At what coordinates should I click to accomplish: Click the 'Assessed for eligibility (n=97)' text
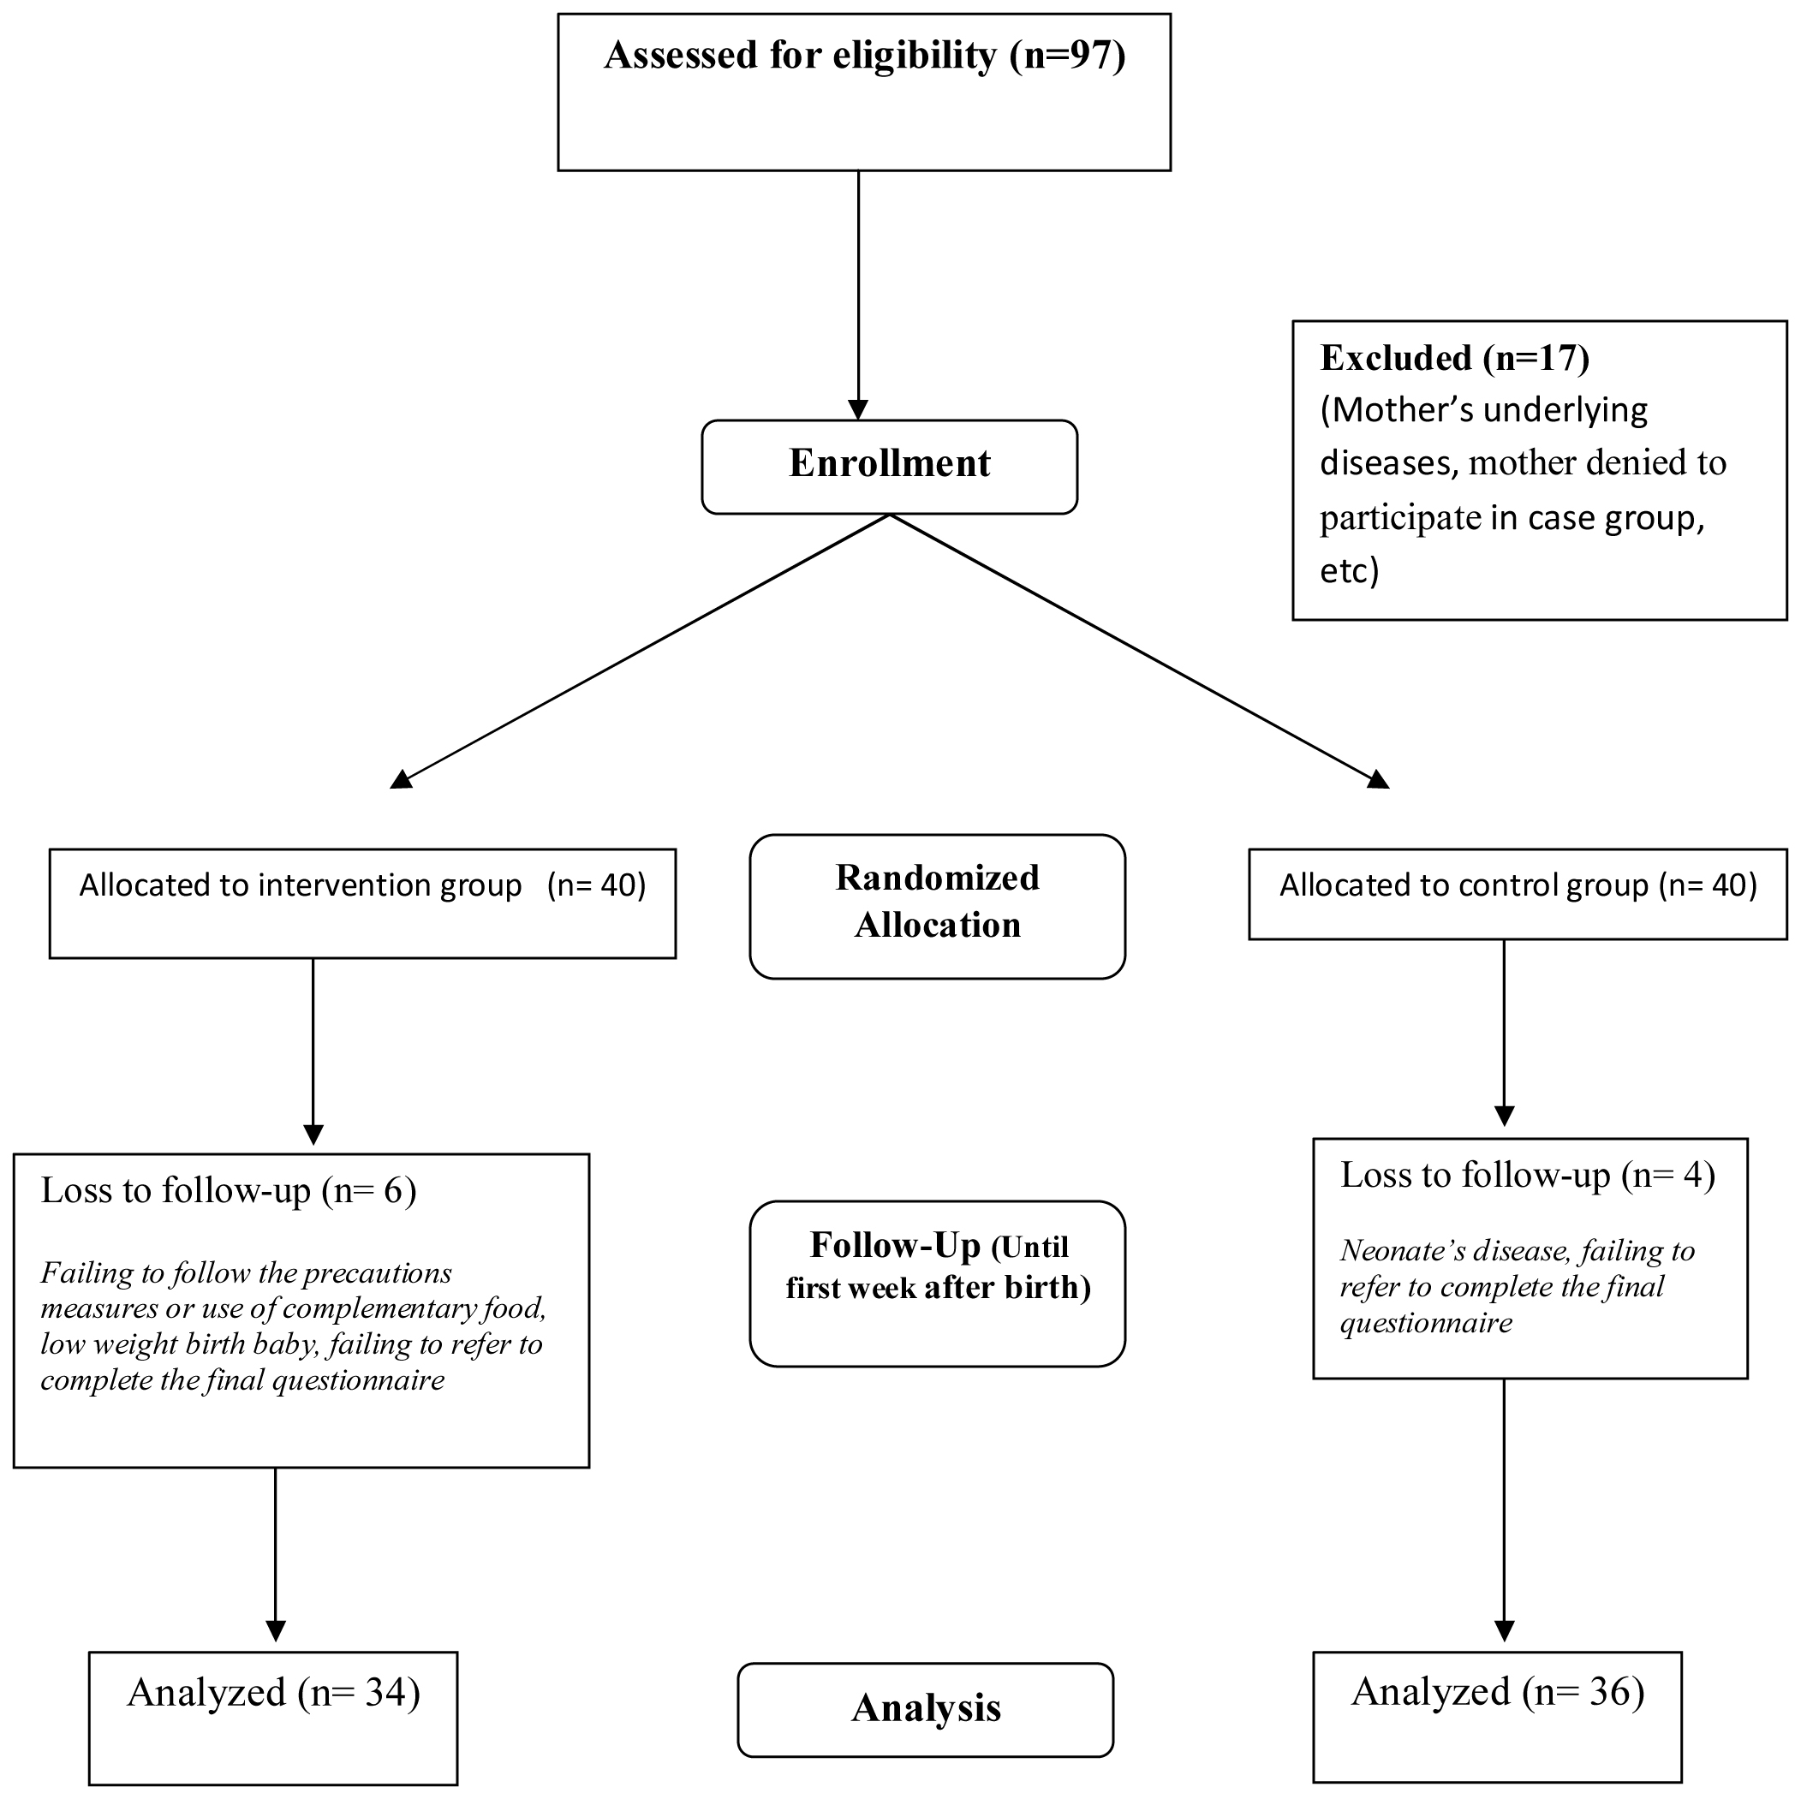click(864, 56)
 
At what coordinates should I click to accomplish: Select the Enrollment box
click(889, 466)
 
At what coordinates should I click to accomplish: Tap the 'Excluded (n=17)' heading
click(1454, 358)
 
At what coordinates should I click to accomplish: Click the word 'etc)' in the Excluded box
click(1349, 570)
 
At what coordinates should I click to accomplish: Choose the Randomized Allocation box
click(937, 905)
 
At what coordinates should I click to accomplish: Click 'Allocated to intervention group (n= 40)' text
click(361, 885)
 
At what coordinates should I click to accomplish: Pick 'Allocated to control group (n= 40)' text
click(1518, 885)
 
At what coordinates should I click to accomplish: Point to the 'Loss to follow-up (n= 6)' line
click(229, 1191)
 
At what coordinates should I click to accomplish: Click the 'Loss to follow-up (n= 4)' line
click(1527, 1176)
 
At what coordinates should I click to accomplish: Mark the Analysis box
click(926, 1708)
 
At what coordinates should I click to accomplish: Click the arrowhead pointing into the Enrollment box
click(857, 410)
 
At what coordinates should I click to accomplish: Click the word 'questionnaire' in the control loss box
click(1425, 1324)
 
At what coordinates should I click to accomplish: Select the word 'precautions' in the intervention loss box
click(378, 1273)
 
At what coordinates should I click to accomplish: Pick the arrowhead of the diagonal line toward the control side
click(1379, 779)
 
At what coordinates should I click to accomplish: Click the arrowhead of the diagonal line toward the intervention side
click(402, 779)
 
